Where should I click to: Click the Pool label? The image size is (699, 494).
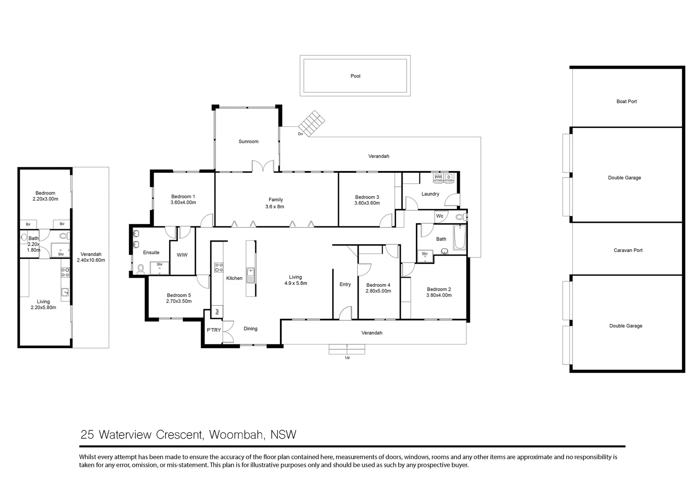click(x=355, y=76)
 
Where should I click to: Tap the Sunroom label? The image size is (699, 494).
click(x=248, y=141)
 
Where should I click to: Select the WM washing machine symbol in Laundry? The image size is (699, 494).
click(x=438, y=177)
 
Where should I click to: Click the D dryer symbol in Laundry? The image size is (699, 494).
click(x=449, y=177)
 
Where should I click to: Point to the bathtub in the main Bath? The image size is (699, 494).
click(x=459, y=237)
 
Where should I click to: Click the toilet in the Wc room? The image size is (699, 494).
click(x=460, y=216)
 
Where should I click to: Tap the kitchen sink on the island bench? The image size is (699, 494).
click(x=251, y=275)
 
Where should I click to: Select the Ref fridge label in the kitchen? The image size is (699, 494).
click(x=217, y=311)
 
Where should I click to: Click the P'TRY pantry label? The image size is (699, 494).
click(x=214, y=330)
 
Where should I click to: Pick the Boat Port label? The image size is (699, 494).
click(x=626, y=102)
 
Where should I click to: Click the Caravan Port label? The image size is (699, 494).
click(x=628, y=250)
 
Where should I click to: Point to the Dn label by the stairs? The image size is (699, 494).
click(x=300, y=134)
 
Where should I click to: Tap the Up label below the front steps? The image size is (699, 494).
click(x=347, y=358)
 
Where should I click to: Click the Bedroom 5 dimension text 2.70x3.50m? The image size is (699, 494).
click(x=179, y=301)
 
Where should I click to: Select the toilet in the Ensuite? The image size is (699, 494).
click(x=141, y=268)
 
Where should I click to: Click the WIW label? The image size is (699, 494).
click(x=182, y=255)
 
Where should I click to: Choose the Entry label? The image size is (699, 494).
click(x=345, y=285)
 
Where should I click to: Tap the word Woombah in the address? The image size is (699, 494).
click(x=237, y=435)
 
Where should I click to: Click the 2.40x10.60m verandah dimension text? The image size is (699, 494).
click(x=91, y=260)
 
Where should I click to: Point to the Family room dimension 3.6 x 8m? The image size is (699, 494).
click(x=274, y=206)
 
